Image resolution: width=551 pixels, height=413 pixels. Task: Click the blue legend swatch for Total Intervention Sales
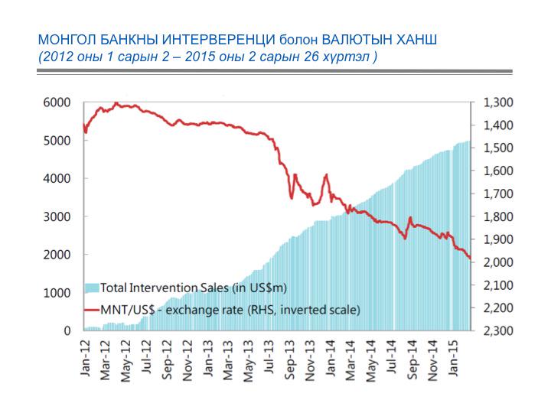click(91, 288)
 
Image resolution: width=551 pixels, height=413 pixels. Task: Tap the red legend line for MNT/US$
click(91, 310)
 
